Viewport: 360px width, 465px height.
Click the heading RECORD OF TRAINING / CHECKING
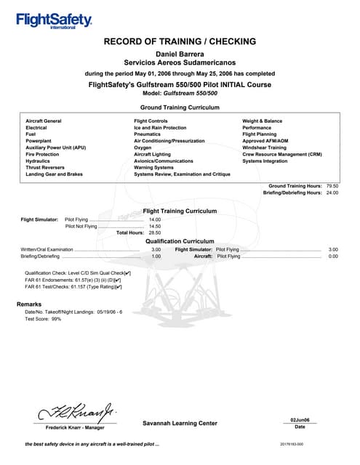coord(180,41)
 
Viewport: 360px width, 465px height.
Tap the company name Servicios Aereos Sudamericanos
coord(180,63)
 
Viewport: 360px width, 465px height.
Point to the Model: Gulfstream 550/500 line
coord(180,94)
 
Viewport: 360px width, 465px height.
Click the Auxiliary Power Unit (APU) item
coord(56,147)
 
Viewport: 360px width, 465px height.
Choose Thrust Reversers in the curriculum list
coord(45,167)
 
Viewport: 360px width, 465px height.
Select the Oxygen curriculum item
coord(144,147)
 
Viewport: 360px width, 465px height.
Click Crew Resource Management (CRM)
coord(281,154)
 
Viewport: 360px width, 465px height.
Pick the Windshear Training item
coord(265,147)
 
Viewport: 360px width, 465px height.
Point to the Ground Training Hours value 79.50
coord(332,186)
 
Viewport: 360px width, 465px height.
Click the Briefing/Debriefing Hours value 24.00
coord(332,193)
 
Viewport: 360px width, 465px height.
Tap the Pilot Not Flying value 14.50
coord(154,226)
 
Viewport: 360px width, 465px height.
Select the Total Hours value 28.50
coord(154,233)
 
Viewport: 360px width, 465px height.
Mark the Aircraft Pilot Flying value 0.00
coord(333,256)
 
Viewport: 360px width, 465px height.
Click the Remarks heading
coord(29,304)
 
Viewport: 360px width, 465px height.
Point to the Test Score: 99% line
coord(43,319)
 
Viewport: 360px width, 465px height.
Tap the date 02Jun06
coord(300,420)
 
